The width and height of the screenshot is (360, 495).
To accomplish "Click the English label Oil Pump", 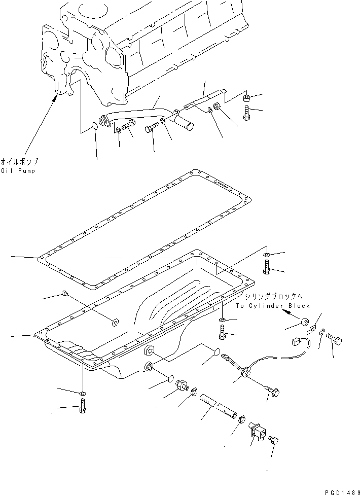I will (18, 171).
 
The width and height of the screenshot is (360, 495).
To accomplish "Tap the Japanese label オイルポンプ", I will (19, 162).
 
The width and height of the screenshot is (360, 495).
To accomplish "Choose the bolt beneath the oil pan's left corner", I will (83, 407).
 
